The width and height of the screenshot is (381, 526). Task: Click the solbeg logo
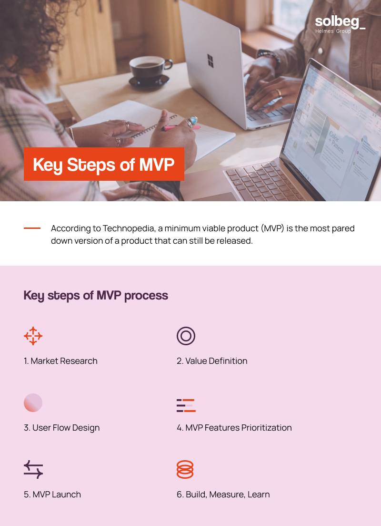[x=340, y=24]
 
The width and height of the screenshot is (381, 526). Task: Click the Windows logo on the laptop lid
[x=210, y=61]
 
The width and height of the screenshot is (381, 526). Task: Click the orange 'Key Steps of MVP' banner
[x=104, y=165]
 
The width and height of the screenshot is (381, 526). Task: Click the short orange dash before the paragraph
[x=32, y=228]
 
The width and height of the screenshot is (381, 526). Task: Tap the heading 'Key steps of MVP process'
[x=96, y=295]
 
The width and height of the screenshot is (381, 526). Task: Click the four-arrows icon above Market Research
[x=33, y=336]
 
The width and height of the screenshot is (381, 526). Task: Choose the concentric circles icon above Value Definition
[x=186, y=336]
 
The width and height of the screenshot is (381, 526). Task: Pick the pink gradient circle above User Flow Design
[x=33, y=403]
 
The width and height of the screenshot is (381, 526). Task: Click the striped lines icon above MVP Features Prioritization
[x=186, y=405]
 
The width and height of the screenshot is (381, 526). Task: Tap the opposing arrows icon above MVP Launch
[x=33, y=470]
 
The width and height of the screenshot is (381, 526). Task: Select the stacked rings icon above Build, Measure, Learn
[x=185, y=470]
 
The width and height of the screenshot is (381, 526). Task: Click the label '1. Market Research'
[x=60, y=361]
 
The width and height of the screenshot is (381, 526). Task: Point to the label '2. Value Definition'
[x=212, y=361]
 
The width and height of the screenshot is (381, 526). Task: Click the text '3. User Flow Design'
[x=62, y=428]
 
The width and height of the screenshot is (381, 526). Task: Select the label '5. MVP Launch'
[x=52, y=495]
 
